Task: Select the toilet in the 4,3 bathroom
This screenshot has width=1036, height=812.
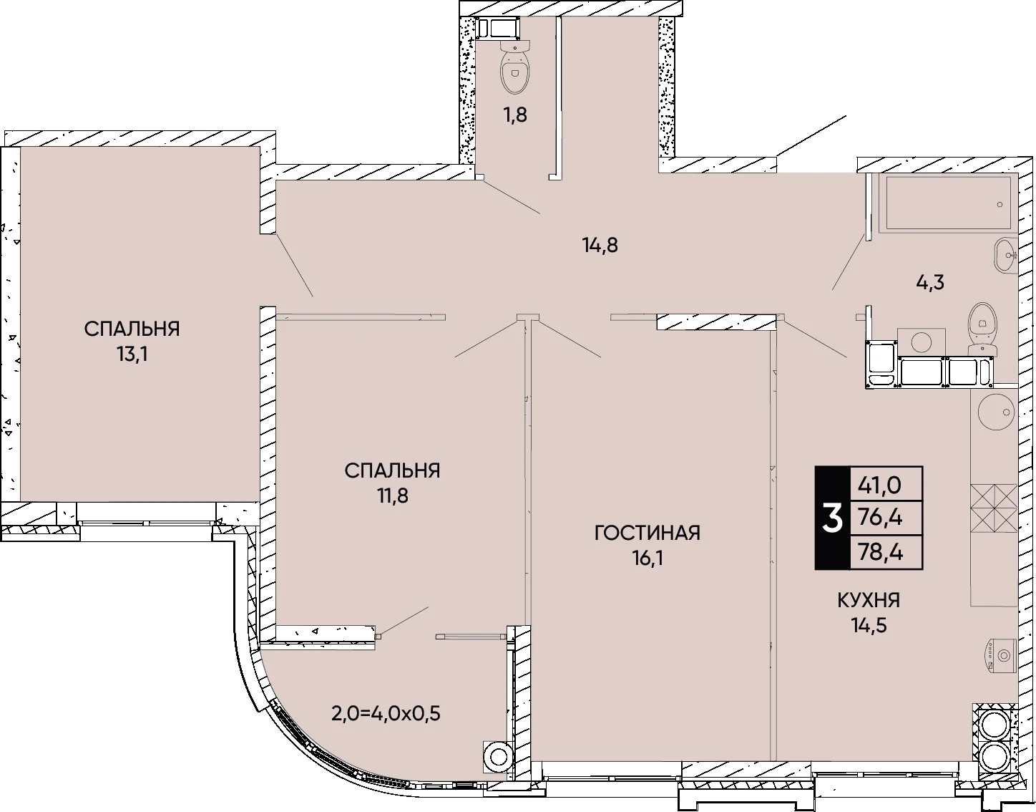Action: pyautogui.click(x=983, y=329)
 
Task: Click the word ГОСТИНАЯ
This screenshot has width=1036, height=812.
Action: pyautogui.click(x=647, y=533)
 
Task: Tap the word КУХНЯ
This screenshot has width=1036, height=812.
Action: pyautogui.click(x=869, y=601)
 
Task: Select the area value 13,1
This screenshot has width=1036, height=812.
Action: pyautogui.click(x=132, y=355)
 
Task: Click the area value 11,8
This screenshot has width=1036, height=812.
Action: pyautogui.click(x=393, y=496)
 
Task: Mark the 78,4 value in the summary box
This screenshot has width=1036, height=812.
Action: pyautogui.click(x=880, y=553)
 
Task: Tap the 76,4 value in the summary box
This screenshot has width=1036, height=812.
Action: pyautogui.click(x=880, y=518)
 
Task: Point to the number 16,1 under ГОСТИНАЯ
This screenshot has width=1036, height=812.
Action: pyautogui.click(x=647, y=559)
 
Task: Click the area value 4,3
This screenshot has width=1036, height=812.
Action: pyautogui.click(x=929, y=283)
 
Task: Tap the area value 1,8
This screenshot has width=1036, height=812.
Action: pyautogui.click(x=515, y=115)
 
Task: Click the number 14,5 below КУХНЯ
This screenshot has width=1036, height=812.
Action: pyautogui.click(x=869, y=625)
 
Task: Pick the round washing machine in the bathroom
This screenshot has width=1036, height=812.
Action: pyautogui.click(x=921, y=342)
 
